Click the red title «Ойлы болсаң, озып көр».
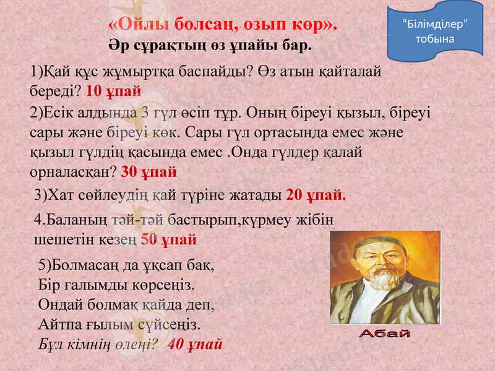tap(222, 25)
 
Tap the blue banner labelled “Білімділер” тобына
tap(434, 31)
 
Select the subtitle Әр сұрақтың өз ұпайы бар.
tap(210, 46)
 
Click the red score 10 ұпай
tap(114, 90)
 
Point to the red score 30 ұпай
tap(149, 171)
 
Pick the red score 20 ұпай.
tap(316, 195)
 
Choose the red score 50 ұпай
tap(169, 239)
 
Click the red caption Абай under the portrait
tap(385, 335)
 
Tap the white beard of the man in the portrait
tap(382, 279)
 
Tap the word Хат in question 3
tap(64, 195)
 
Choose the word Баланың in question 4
tap(69, 220)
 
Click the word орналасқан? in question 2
tap(73, 171)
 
